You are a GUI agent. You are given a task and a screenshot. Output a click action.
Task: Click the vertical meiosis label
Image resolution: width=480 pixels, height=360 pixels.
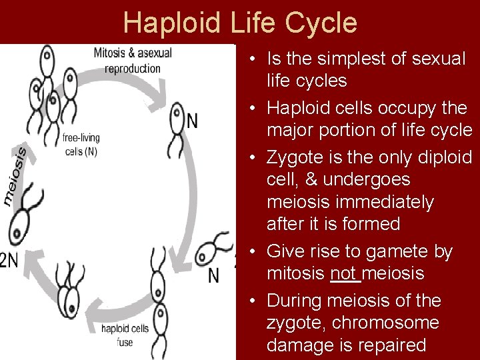(x=15, y=175)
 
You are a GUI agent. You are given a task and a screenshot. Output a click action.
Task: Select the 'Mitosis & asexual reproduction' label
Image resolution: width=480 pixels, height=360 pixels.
(x=133, y=59)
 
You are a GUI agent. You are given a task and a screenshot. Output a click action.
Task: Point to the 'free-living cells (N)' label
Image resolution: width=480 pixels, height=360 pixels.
(x=81, y=145)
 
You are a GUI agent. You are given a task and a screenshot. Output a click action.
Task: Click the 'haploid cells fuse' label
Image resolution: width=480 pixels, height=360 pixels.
(x=125, y=335)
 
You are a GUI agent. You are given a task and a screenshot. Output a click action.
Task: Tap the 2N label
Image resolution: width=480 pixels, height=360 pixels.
(x=9, y=261)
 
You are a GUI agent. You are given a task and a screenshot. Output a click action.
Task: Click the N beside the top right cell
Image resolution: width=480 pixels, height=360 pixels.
(x=192, y=121)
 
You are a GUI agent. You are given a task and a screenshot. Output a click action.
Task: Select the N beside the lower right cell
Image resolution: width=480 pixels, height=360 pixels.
(x=213, y=275)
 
